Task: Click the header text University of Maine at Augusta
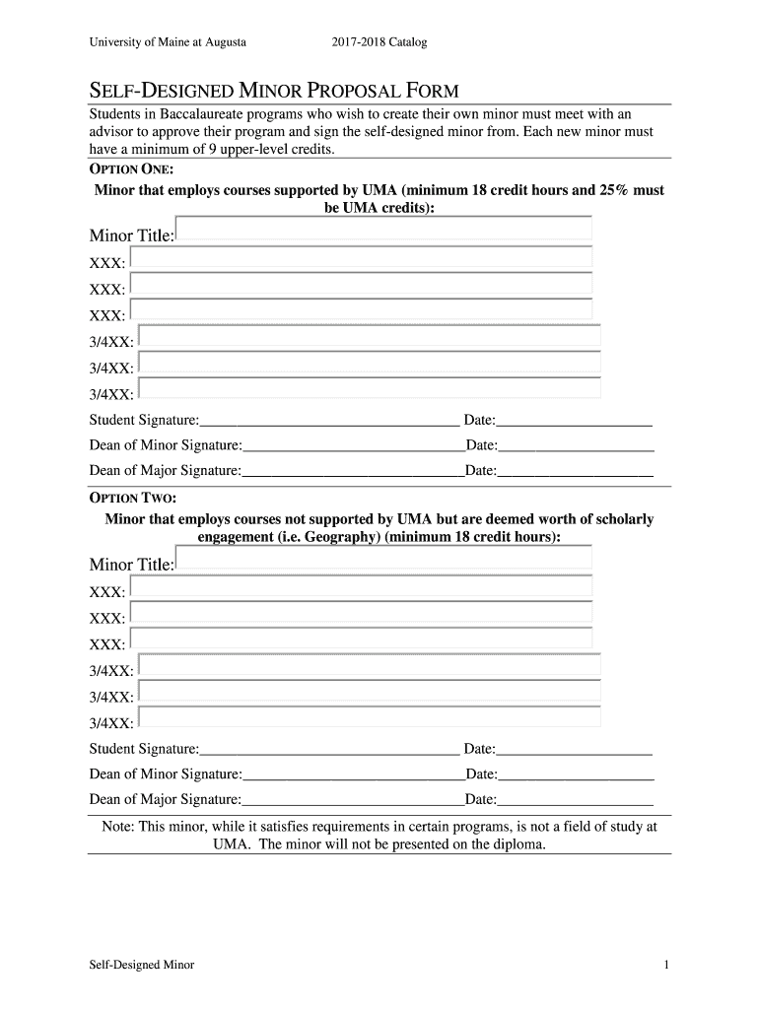(x=168, y=42)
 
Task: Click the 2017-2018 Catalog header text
(x=379, y=42)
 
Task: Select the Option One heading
(x=131, y=168)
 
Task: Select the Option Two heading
(x=133, y=498)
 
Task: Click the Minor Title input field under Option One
(x=384, y=230)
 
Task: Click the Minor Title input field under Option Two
(x=384, y=559)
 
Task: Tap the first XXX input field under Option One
(x=361, y=258)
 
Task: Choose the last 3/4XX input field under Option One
(x=370, y=388)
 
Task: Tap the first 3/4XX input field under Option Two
(x=370, y=665)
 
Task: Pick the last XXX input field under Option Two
(x=361, y=639)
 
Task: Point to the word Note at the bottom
(x=118, y=827)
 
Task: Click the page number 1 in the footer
(x=667, y=965)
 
